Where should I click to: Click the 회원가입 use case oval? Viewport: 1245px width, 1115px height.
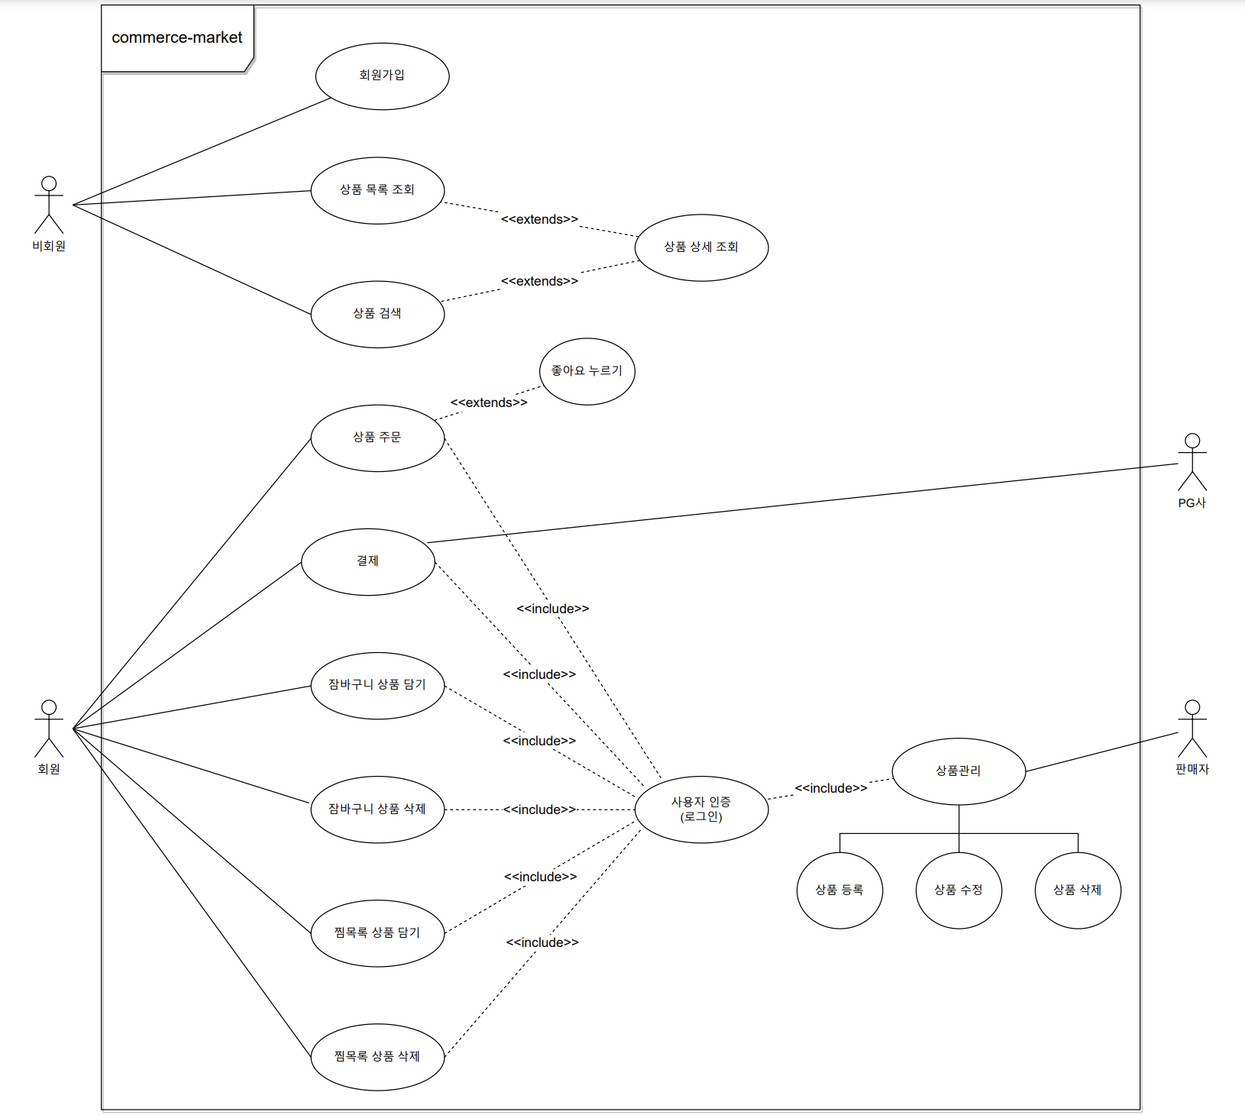pos(382,76)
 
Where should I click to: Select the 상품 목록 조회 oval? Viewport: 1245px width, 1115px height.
pos(377,191)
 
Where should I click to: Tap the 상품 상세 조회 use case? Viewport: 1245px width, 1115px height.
pos(701,247)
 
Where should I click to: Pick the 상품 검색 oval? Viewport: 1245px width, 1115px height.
pos(377,314)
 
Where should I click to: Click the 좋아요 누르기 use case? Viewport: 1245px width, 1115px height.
pos(587,371)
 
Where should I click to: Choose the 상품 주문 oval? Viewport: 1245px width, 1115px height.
pos(377,438)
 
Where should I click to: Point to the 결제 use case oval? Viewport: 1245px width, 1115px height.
pos(368,562)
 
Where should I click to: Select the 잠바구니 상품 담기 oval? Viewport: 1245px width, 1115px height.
pos(377,686)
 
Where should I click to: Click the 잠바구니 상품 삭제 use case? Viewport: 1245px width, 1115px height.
pos(377,810)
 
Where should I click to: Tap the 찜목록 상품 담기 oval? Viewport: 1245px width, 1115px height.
pos(377,933)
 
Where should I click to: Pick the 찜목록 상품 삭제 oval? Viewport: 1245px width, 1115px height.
pos(377,1057)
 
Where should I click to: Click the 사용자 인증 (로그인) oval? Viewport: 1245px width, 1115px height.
pos(701,810)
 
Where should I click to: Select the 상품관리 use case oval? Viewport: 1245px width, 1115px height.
pos(959,771)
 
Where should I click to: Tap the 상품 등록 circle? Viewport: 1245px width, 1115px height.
pos(839,890)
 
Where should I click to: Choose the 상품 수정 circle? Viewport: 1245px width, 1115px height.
pos(959,890)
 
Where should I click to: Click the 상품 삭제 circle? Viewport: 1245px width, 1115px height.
pos(1078,890)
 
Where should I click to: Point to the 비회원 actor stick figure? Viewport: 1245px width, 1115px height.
pos(49,205)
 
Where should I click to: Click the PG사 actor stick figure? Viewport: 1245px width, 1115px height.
pos(1192,462)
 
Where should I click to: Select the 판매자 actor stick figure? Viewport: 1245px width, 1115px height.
pos(1192,729)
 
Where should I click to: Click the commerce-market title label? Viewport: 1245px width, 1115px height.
pos(177,37)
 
